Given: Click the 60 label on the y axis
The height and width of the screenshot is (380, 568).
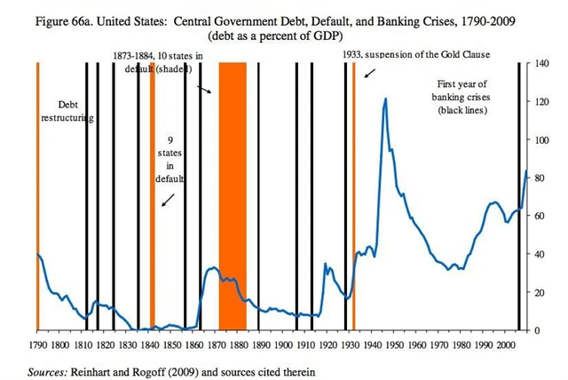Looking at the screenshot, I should click(539, 216).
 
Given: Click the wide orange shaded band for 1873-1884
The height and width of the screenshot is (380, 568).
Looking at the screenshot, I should click(233, 195).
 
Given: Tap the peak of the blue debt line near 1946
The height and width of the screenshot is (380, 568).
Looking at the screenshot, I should click(385, 99).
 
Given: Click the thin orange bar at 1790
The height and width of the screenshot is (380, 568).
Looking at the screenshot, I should click(37, 195).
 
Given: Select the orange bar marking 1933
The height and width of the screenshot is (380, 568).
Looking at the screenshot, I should click(354, 195).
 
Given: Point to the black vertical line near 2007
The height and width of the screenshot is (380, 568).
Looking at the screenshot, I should click(519, 195).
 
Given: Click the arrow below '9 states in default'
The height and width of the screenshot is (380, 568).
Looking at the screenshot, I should click(167, 200).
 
